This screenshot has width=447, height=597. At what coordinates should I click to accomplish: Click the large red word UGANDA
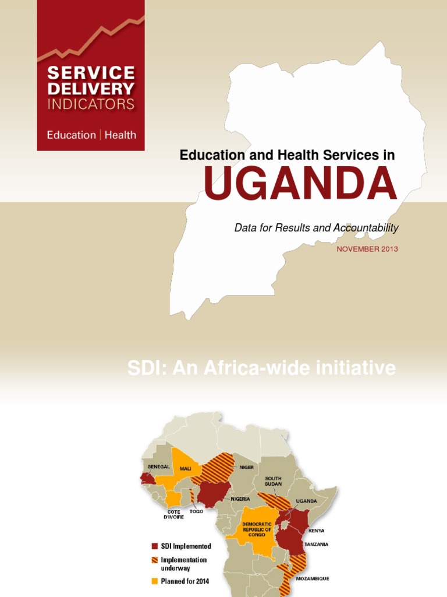coord(300,184)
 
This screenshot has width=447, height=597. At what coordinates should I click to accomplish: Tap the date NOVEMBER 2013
coord(367,249)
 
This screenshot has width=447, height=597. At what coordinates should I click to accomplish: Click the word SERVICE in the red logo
coord(91,73)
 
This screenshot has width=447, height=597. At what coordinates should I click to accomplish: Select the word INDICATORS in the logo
coord(91,105)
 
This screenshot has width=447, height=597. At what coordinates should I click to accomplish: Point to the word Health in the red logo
coord(120,135)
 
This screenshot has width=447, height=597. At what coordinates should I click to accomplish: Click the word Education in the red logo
coord(71,135)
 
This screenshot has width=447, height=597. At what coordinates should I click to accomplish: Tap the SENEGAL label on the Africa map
coord(158,466)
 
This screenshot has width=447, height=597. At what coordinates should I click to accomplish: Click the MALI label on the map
coord(185,468)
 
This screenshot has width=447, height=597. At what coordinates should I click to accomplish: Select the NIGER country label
coord(247,467)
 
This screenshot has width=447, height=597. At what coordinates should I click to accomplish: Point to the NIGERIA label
coord(240,498)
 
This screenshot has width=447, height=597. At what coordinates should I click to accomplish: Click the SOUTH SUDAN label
coord(273,481)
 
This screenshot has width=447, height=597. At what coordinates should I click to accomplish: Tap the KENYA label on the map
coord(317,531)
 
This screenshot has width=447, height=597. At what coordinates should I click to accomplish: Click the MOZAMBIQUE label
coord(313,578)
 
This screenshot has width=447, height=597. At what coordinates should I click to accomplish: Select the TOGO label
coord(196,511)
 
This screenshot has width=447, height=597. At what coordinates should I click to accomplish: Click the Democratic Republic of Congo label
coord(257,529)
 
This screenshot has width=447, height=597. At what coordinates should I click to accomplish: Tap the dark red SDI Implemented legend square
coord(155,546)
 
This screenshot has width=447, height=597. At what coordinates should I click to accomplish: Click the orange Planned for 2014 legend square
coord(155,581)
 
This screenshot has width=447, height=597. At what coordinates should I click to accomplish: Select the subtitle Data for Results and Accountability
coord(316,228)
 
